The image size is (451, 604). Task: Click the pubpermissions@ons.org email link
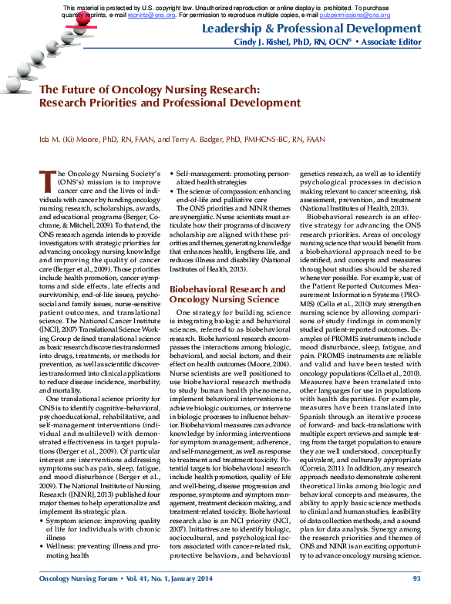pos(346,14)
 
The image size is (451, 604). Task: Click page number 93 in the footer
pos(416,577)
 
